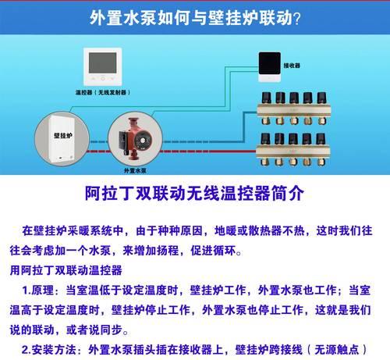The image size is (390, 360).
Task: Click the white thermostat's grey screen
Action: (x=103, y=63)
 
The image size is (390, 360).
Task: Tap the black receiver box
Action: (x=270, y=63)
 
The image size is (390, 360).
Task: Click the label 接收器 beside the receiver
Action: (x=292, y=66)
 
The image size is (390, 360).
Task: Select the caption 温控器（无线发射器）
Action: (x=103, y=92)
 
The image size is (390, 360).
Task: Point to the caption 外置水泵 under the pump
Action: (x=135, y=171)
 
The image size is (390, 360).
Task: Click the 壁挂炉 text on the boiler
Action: (x=63, y=136)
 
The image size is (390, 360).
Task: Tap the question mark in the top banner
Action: (x=296, y=19)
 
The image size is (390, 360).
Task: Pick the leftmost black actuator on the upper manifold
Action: (x=266, y=98)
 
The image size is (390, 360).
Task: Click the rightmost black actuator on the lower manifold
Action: (x=321, y=139)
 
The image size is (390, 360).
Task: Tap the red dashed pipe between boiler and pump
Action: (x=100, y=151)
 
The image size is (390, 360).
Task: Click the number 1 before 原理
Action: (x=25, y=290)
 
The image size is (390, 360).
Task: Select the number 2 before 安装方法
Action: (x=25, y=350)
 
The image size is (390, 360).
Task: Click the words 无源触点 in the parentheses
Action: (x=337, y=350)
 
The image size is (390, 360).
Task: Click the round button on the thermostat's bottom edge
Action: (x=103, y=79)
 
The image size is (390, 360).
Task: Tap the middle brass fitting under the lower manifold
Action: (x=293, y=162)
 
